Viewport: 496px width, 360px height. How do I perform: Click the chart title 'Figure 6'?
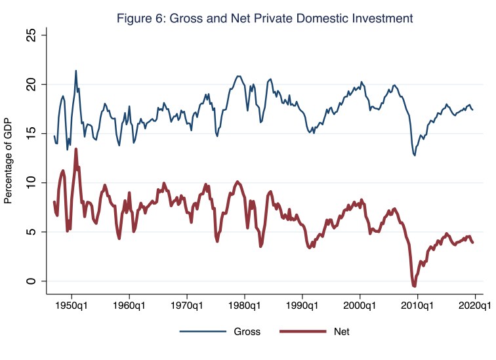pyautogui.click(x=264, y=18)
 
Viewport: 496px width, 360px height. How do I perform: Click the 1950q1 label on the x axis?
pyautogui.click(x=72, y=306)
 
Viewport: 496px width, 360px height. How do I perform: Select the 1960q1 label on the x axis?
pyautogui.click(x=129, y=306)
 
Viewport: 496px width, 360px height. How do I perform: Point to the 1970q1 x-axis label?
pyautogui.click(x=187, y=306)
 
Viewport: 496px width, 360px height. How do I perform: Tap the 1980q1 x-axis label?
pyautogui.click(x=244, y=306)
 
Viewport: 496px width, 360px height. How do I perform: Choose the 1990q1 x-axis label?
pyautogui.click(x=302, y=306)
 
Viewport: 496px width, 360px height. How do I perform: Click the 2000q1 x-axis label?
pyautogui.click(x=360, y=306)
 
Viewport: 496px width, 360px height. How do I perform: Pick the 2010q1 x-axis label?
pyautogui.click(x=417, y=306)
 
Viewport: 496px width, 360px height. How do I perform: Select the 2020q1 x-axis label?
pyautogui.click(x=474, y=306)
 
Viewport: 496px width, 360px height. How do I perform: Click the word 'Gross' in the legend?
pyautogui.click(x=247, y=332)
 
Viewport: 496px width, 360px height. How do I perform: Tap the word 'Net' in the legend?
pyautogui.click(x=341, y=332)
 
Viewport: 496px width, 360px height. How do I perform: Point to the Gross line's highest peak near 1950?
pyautogui.click(x=76, y=71)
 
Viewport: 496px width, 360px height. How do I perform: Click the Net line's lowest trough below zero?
pyautogui.click(x=414, y=286)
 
